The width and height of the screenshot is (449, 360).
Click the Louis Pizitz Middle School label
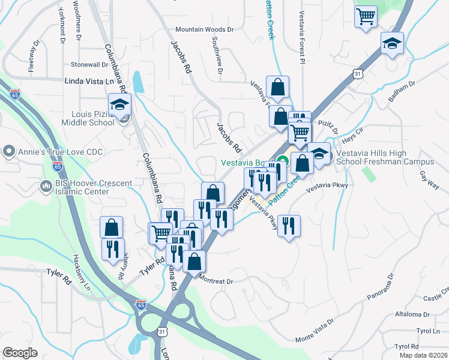pyautogui.click(x=88, y=118)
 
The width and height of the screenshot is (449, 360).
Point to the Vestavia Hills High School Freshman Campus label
pyautogui.click(x=384, y=158)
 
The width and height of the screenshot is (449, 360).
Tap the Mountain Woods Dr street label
pyautogui.click(x=204, y=29)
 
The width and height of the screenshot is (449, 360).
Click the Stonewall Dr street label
pyautogui.click(x=89, y=64)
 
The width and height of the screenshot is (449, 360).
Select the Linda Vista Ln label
pyautogui.click(x=89, y=80)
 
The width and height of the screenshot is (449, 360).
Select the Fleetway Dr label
pyautogui.click(x=32, y=58)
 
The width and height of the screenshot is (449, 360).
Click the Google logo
pyautogui.click(x=20, y=353)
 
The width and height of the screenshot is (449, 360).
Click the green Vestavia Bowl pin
pyautogui.click(x=286, y=162)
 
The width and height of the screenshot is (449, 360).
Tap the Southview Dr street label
pyautogui.click(x=217, y=58)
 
